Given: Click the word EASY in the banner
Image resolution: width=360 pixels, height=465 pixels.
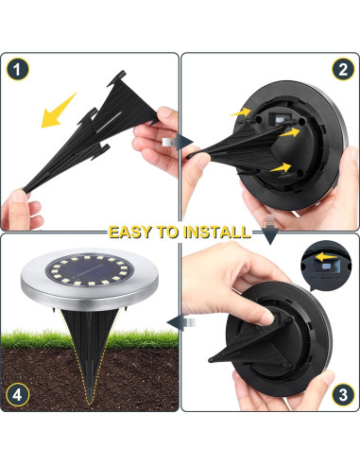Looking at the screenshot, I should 131,232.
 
